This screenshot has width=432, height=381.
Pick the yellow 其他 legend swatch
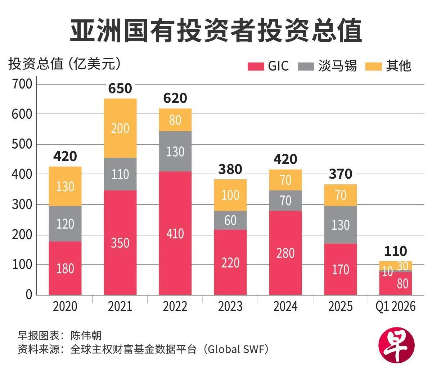(373, 66)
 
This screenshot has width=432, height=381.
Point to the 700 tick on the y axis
(22, 84)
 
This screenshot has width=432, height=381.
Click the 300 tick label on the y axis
(22, 205)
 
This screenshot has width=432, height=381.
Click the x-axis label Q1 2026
(395, 307)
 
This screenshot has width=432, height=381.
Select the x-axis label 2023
(230, 307)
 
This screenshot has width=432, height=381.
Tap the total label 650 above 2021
(120, 88)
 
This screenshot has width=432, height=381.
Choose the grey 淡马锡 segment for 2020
(65, 224)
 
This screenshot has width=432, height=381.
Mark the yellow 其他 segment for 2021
(120, 128)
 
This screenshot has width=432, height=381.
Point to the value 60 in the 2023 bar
(230, 220)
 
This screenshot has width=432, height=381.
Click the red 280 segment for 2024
(285, 253)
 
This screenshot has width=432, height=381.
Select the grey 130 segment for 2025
(341, 225)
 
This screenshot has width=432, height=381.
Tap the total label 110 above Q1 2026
(395, 251)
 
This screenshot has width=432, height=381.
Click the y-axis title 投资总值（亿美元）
(65, 64)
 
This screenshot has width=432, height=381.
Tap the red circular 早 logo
(397, 345)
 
